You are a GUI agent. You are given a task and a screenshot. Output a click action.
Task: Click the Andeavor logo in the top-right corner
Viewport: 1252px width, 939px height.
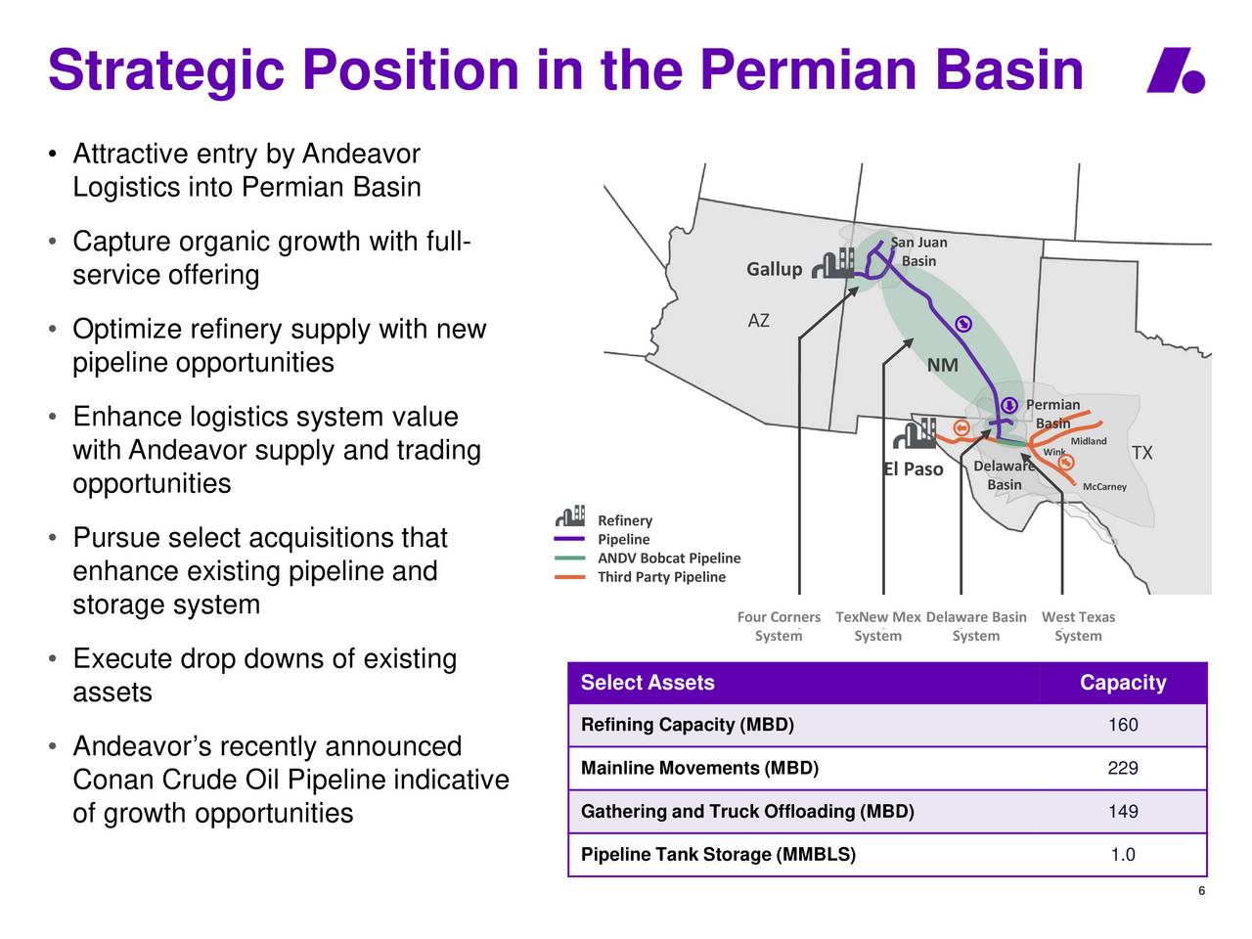pos(1175,70)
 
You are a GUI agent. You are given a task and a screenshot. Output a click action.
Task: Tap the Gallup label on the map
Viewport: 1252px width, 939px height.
pos(774,269)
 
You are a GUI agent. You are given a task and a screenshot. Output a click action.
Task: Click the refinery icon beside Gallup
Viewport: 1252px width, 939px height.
pos(832,263)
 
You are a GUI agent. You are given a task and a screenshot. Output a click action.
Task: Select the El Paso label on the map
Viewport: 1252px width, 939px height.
pos(913,469)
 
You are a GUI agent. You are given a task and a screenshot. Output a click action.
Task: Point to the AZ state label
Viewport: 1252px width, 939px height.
pos(758,321)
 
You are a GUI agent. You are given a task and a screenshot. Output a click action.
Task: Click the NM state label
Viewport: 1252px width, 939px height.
pos(942,365)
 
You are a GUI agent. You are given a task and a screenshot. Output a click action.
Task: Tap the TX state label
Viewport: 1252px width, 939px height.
pos(1141,453)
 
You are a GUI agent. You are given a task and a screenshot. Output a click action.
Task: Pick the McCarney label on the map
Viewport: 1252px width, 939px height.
pos(1104,486)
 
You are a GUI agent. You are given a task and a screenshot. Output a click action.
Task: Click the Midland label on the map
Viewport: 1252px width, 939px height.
pos(1089,441)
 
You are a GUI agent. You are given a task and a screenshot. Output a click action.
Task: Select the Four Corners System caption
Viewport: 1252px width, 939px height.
pos(779,626)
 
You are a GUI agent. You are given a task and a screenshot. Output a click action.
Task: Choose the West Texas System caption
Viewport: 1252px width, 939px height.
pos(1078,626)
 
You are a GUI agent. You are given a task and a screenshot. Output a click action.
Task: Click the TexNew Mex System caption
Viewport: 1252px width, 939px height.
pos(877,626)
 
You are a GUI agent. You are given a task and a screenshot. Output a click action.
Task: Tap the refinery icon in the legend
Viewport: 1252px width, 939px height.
pos(570,515)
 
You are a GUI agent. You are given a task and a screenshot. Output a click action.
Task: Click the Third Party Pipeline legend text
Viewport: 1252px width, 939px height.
pos(661,577)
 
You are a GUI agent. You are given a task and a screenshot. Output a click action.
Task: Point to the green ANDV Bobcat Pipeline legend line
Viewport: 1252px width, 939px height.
pos(569,559)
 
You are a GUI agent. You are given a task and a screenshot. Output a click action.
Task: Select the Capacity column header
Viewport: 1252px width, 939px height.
pos(1123,683)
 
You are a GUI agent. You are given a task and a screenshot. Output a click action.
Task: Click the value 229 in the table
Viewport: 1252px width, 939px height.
pos(1123,768)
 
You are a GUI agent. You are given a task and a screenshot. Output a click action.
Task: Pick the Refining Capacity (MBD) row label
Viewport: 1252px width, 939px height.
pos(688,725)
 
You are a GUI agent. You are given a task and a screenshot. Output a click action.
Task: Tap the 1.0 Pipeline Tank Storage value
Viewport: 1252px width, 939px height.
pos(1123,855)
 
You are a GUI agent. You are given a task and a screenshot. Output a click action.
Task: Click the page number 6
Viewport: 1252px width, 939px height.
pos(1201,891)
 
